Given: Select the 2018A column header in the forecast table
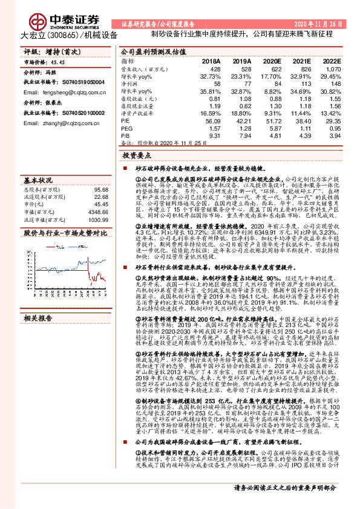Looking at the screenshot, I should (x=211, y=62).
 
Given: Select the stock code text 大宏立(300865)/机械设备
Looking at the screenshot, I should (x=65, y=35).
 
